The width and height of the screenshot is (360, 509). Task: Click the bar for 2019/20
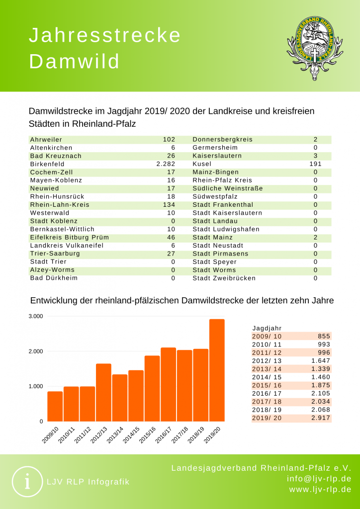217,370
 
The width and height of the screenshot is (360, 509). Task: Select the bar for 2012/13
103,393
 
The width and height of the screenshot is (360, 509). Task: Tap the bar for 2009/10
55,407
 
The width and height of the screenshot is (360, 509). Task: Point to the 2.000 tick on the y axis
36,351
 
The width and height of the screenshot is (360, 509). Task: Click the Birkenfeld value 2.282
166,164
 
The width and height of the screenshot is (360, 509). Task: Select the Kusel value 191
315,164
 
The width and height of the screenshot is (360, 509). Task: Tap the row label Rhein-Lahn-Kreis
56,204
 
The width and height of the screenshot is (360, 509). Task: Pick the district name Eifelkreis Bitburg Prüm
69,237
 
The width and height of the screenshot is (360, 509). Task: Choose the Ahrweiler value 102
169,140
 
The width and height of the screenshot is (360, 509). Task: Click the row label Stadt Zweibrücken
224,278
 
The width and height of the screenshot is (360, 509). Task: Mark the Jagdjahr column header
267,328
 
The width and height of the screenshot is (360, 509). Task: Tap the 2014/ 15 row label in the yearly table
267,377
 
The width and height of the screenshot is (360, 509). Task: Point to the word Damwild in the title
75,61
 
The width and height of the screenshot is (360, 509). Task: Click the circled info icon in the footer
27,481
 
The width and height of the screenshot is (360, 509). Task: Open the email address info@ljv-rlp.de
319,479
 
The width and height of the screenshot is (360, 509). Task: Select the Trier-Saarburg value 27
170,254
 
